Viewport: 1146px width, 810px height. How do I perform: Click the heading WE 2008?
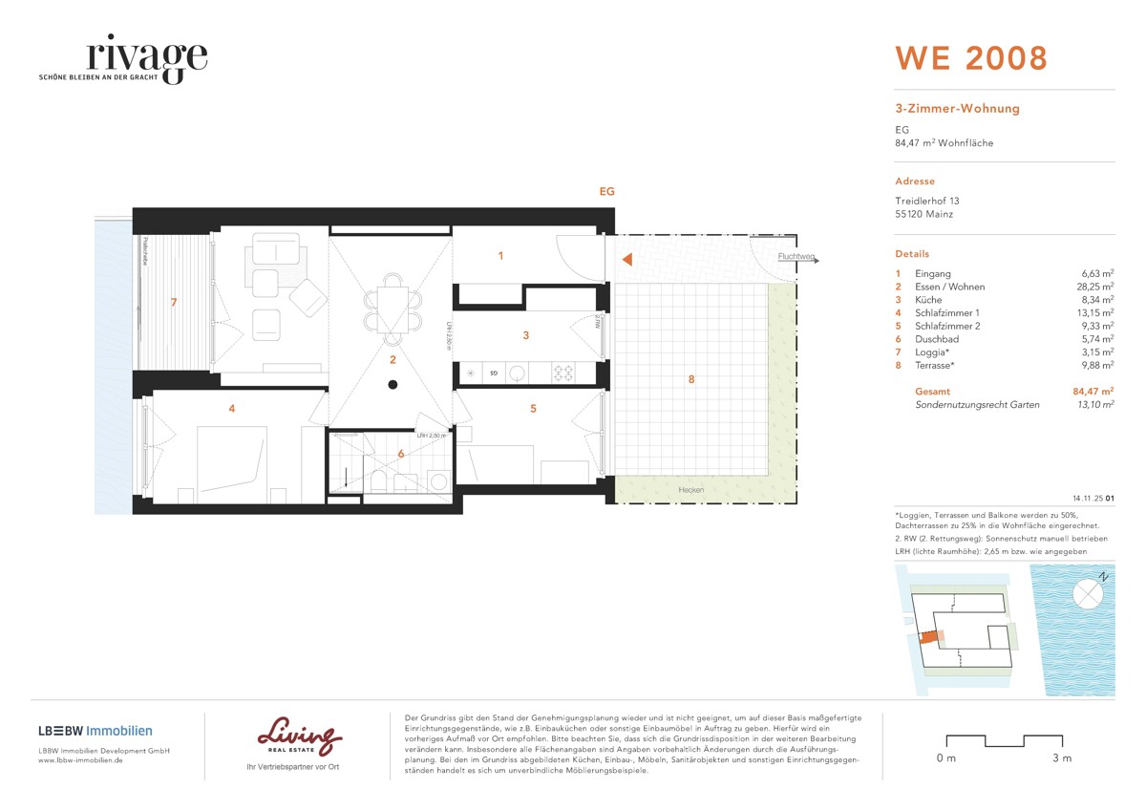(x=970, y=58)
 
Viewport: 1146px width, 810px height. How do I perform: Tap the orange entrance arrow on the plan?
(x=626, y=259)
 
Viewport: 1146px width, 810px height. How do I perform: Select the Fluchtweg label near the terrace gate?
(x=794, y=256)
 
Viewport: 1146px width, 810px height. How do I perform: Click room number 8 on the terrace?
(x=690, y=380)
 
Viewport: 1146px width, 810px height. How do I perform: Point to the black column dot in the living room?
(x=392, y=385)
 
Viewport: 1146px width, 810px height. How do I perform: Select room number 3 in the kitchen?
(x=525, y=335)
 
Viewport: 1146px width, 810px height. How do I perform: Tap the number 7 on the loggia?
(x=173, y=303)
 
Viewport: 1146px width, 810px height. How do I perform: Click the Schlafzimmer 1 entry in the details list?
(x=946, y=312)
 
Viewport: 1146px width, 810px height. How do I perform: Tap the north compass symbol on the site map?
(x=1088, y=593)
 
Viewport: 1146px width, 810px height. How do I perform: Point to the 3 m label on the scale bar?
(x=1061, y=758)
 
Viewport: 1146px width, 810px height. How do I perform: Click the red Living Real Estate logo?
(x=300, y=737)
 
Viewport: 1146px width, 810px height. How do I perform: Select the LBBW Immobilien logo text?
(x=95, y=731)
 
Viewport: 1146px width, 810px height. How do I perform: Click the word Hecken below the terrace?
(x=690, y=490)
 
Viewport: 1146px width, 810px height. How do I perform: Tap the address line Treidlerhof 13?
(x=926, y=201)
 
